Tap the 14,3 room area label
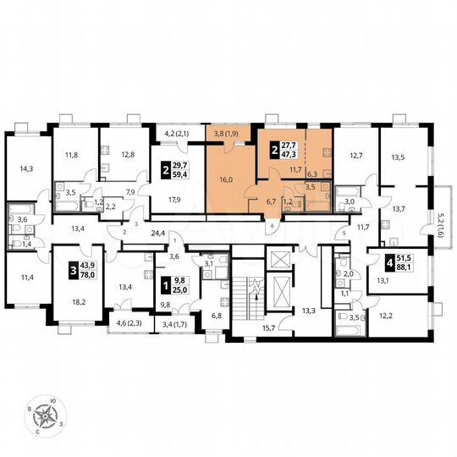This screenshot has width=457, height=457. pyautogui.click(x=28, y=168)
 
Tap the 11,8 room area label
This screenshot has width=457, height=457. pyautogui.click(x=73, y=155)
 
